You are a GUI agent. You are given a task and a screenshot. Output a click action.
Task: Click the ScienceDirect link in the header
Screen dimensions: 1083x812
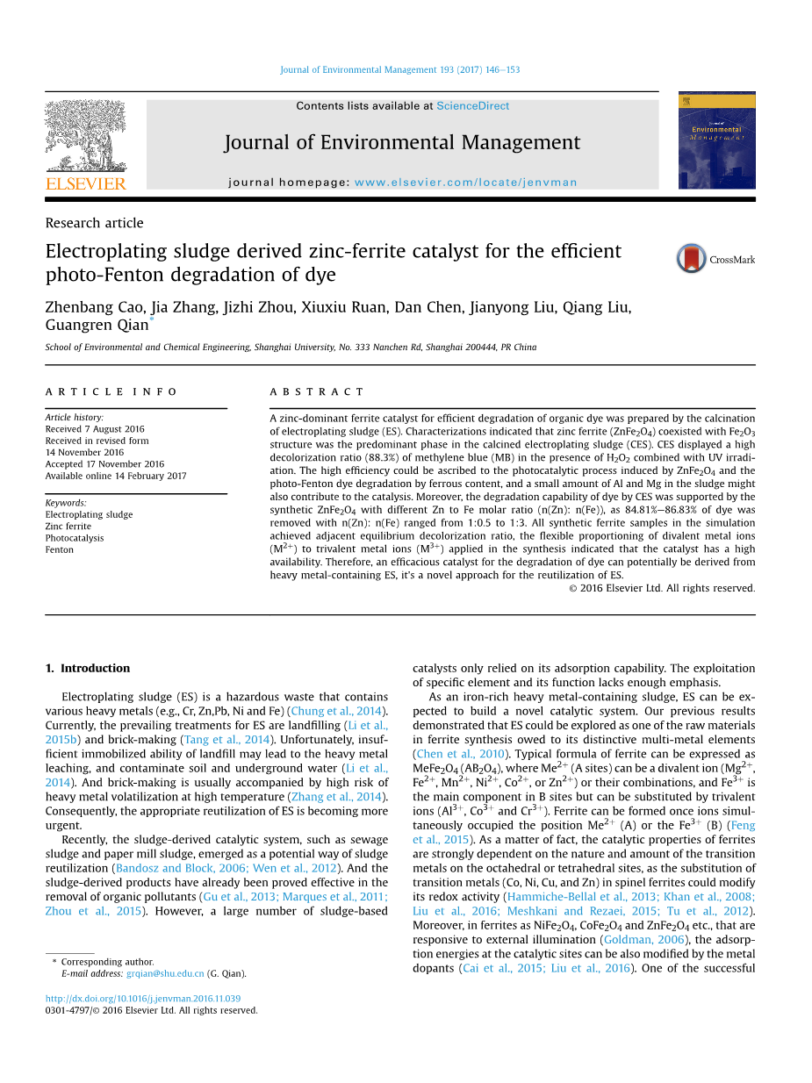point(472,106)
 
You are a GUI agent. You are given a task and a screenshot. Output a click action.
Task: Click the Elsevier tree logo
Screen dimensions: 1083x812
point(85,135)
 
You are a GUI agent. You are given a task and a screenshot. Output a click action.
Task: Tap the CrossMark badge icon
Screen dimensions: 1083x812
point(691,259)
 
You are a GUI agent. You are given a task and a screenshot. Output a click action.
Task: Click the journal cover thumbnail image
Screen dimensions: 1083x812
point(716,140)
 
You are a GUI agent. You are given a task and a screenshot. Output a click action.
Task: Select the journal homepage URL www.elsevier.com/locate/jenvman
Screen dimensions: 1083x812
point(465,183)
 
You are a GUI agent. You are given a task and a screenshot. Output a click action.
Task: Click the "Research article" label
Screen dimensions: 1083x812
point(94,223)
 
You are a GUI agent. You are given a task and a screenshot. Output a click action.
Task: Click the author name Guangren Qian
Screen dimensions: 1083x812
point(97,326)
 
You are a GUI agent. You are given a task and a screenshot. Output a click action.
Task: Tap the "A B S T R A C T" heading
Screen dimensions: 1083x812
point(317,392)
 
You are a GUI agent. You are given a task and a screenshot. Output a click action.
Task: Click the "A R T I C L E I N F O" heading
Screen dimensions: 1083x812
point(111,392)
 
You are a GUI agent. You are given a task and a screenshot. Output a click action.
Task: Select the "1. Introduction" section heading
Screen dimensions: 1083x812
point(87,668)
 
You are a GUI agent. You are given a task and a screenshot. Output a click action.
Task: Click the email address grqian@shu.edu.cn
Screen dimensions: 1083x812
point(165,973)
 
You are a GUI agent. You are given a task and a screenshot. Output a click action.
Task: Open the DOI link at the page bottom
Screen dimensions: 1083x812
point(142,999)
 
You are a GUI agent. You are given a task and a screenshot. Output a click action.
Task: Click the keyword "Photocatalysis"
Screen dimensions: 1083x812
point(75,538)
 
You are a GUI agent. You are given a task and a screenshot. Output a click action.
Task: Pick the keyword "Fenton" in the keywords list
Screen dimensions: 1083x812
point(60,550)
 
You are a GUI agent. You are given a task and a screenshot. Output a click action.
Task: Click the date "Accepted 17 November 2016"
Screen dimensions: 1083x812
point(104,464)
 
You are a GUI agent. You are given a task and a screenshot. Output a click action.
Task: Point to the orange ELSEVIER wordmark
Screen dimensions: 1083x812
point(85,183)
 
